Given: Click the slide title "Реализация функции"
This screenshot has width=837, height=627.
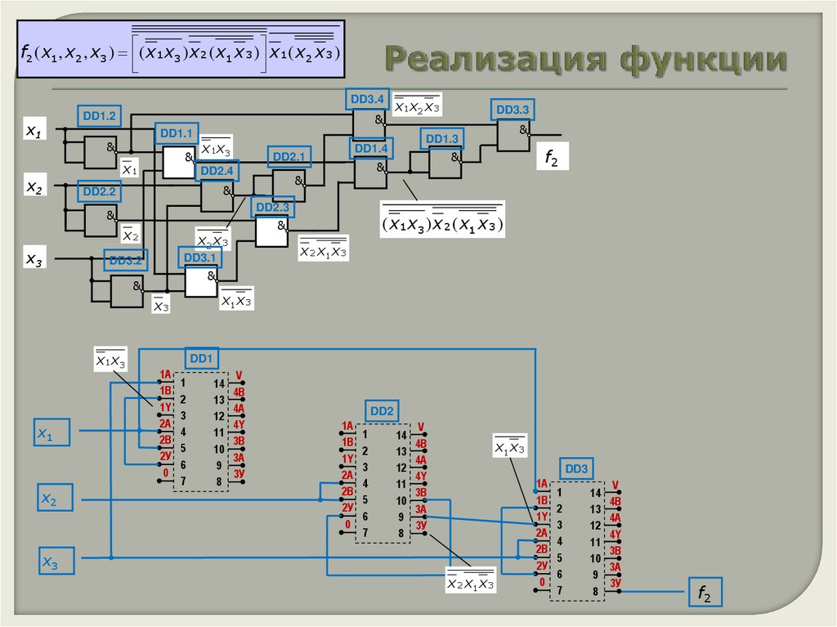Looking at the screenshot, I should click(x=586, y=60).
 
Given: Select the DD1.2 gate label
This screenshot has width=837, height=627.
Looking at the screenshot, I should click(x=100, y=116).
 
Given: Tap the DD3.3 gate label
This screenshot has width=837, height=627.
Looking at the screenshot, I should click(x=512, y=109).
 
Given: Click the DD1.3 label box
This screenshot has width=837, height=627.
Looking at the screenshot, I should click(x=442, y=139).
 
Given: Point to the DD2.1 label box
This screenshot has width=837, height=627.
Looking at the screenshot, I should click(x=288, y=157).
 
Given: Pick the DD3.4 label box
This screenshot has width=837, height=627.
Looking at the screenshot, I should click(x=367, y=100).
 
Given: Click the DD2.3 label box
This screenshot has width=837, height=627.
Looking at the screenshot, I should click(x=272, y=208).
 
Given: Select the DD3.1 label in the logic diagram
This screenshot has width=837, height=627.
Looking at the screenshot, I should click(x=200, y=258).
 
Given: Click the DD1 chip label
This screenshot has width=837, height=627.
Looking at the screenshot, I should click(x=200, y=358).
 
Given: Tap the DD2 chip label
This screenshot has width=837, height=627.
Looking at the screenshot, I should click(x=382, y=410).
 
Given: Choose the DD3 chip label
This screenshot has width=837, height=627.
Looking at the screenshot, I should click(x=576, y=469).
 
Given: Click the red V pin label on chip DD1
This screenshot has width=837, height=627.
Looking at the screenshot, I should click(x=239, y=376).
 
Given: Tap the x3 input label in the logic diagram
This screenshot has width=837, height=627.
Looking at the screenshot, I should click(x=34, y=259).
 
